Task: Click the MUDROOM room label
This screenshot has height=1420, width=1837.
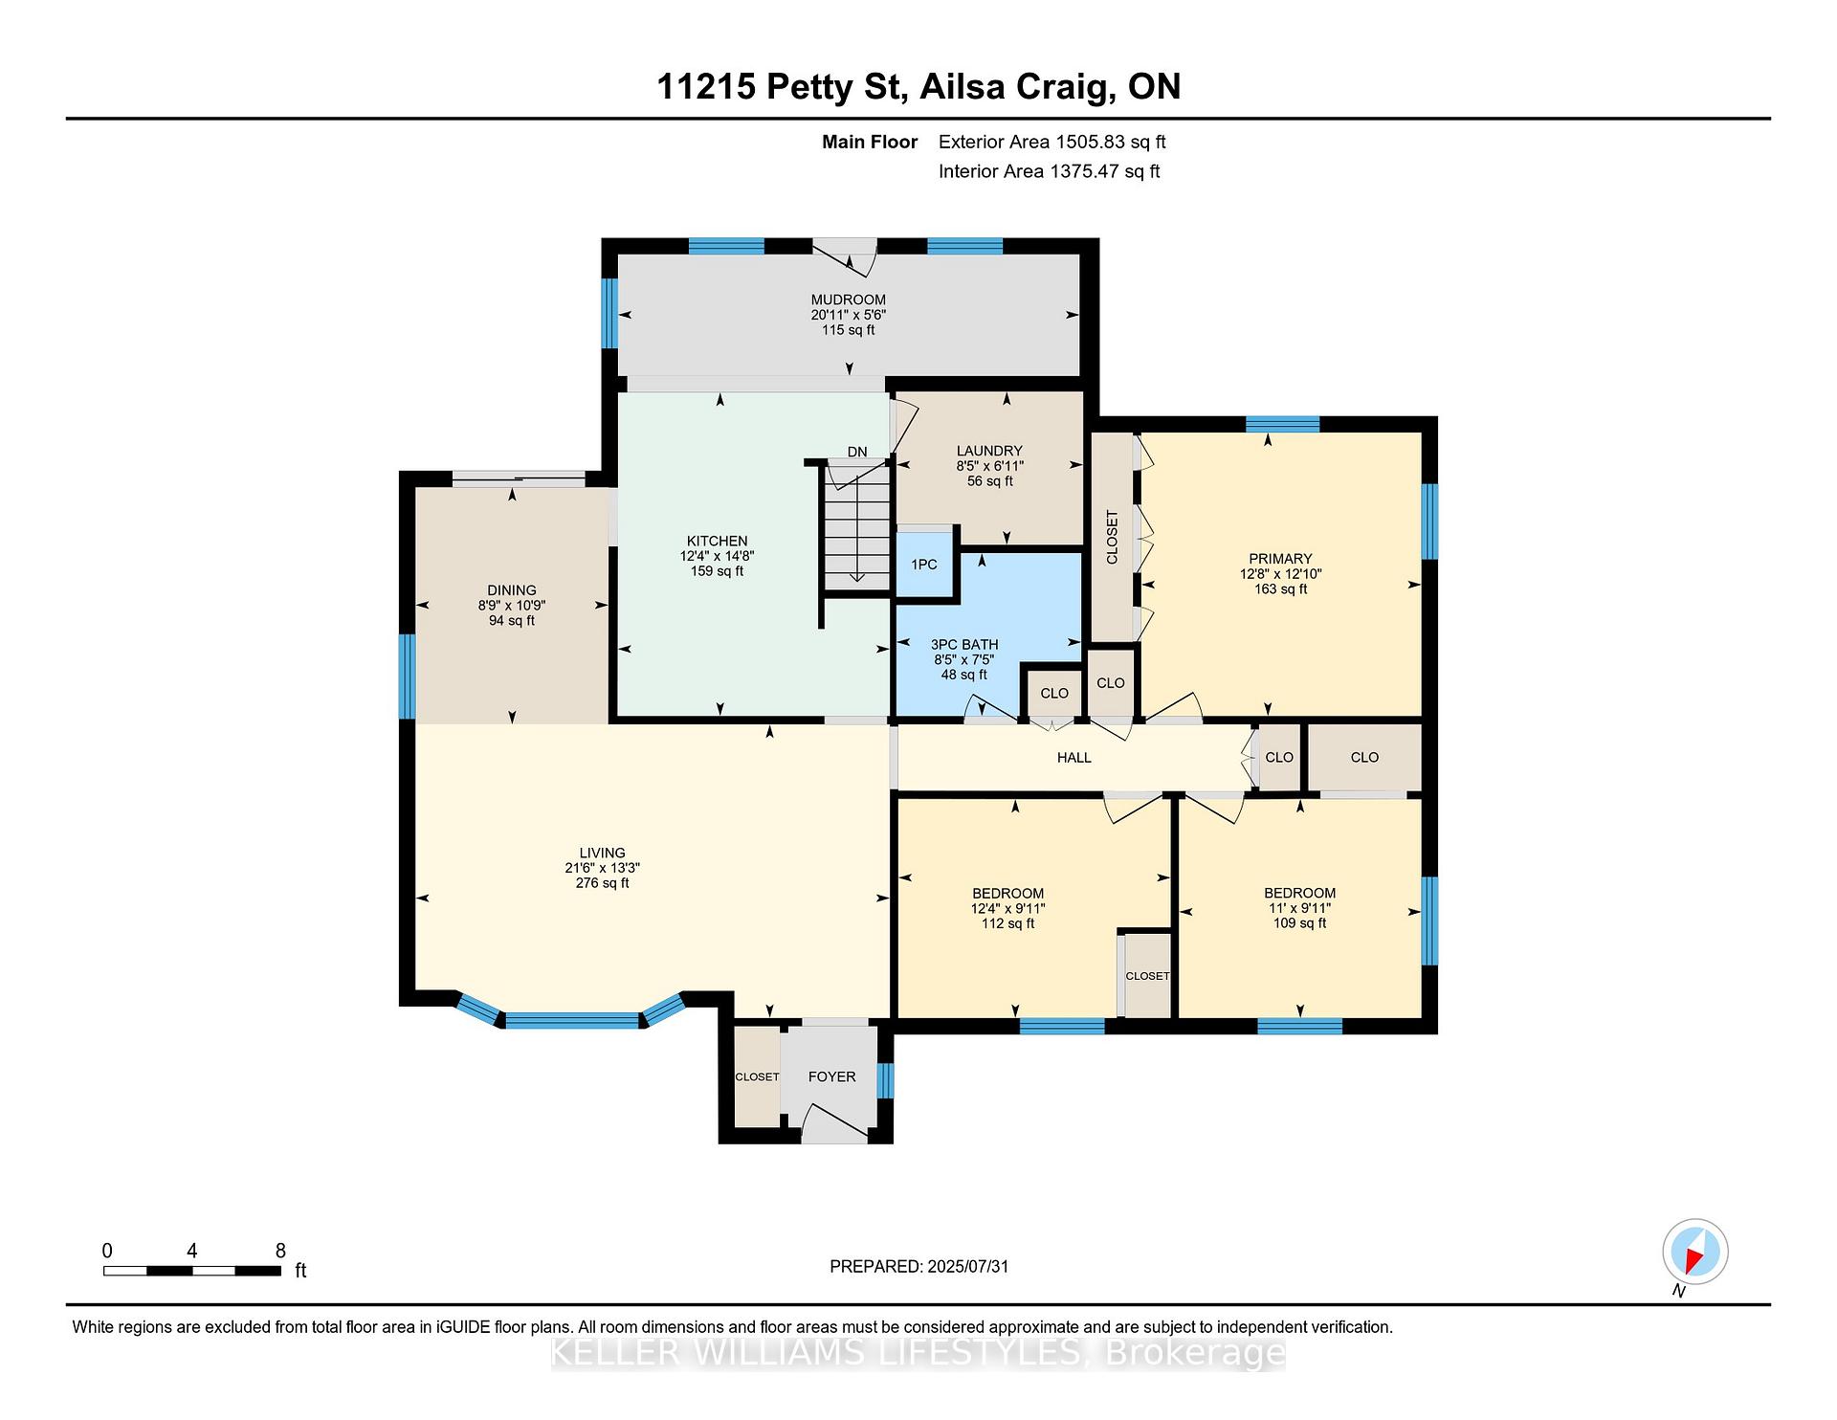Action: click(x=849, y=300)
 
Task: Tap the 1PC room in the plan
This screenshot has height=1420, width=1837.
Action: click(x=924, y=564)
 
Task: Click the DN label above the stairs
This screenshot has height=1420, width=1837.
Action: click(x=857, y=452)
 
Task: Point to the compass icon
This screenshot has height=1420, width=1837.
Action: click(x=1695, y=1252)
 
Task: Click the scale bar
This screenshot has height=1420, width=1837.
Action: click(x=192, y=1271)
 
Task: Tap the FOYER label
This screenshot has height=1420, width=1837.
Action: click(x=831, y=1076)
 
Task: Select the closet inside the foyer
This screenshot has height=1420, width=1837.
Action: click(x=757, y=1076)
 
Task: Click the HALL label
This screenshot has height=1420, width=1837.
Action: click(x=1074, y=757)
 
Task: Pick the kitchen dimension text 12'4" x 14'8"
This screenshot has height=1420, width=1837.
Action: click(x=718, y=556)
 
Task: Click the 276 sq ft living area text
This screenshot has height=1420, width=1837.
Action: click(x=603, y=883)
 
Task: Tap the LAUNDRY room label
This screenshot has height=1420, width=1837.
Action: click(x=989, y=451)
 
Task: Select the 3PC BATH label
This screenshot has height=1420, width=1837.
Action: click(x=964, y=644)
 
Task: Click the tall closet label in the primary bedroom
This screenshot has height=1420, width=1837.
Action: click(x=1112, y=537)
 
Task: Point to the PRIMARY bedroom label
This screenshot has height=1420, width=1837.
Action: click(x=1280, y=559)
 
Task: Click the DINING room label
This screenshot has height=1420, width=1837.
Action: click(x=512, y=590)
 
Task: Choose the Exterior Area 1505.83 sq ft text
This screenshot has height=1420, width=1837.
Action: click(x=1052, y=143)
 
